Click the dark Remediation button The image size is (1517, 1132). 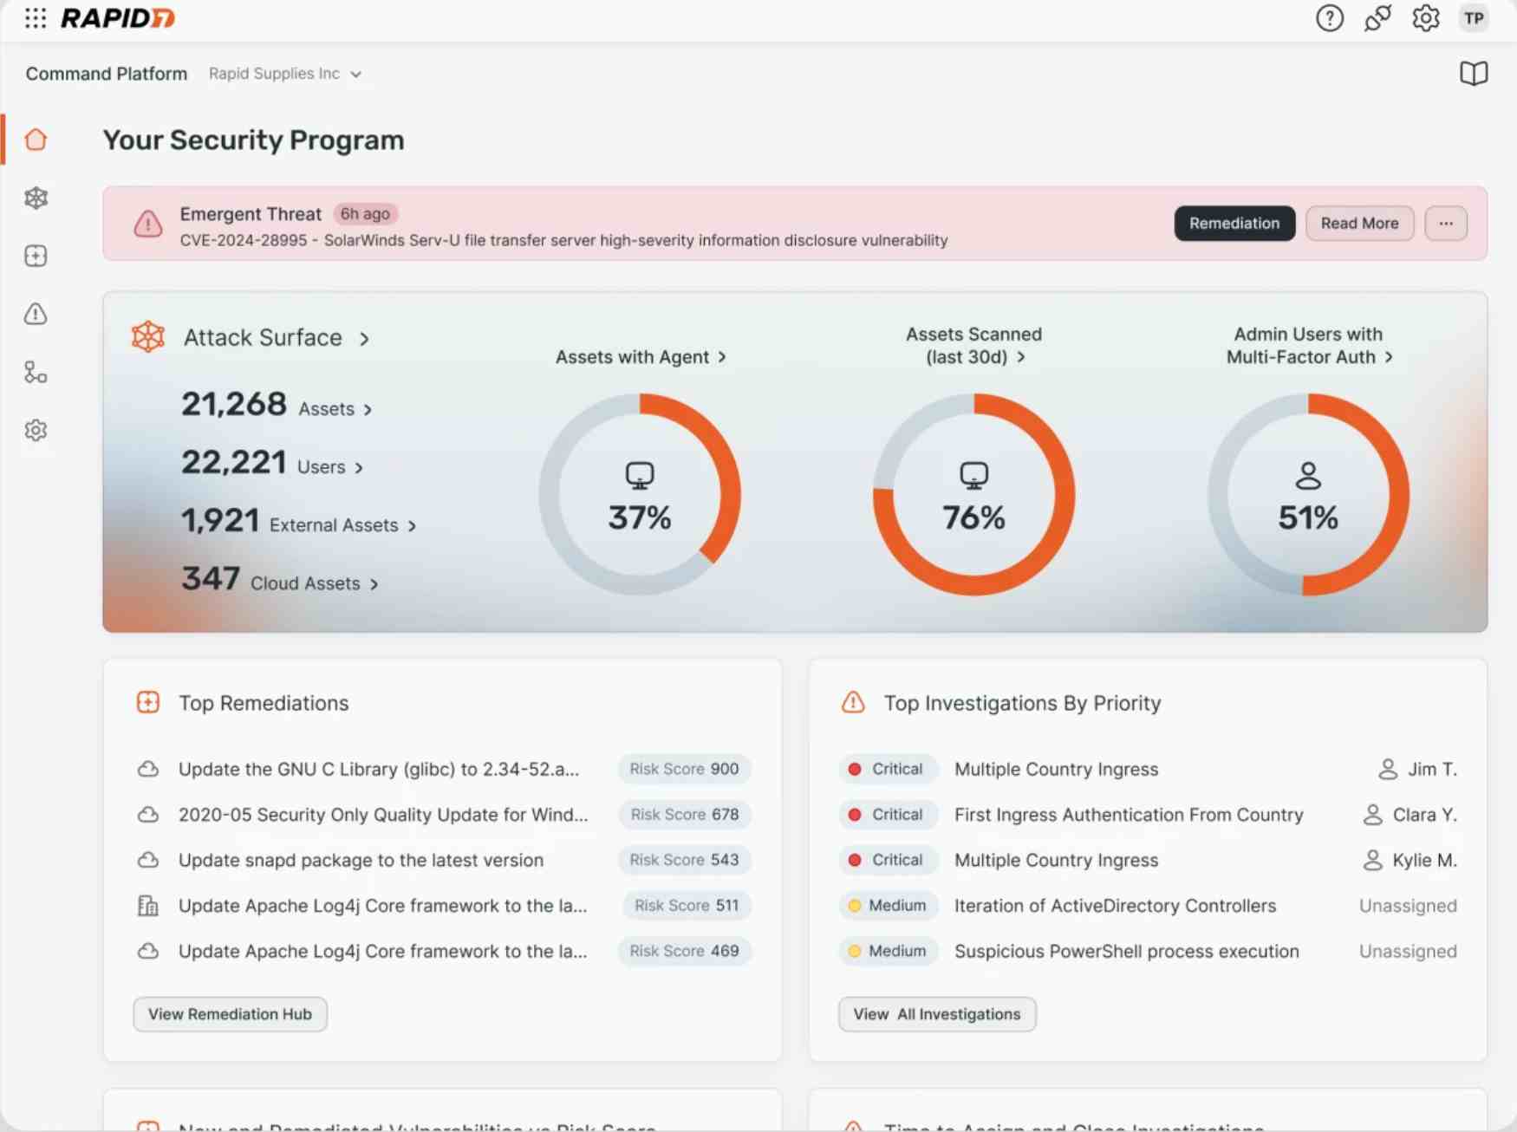click(x=1234, y=224)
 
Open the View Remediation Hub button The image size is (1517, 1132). click(x=230, y=1014)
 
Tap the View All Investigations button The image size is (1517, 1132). click(x=936, y=1014)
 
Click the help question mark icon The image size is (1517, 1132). click(x=1329, y=18)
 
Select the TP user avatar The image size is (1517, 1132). click(x=1474, y=18)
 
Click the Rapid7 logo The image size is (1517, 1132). click(x=118, y=18)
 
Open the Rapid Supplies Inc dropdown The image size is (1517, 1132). click(x=284, y=74)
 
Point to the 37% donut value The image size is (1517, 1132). click(x=640, y=517)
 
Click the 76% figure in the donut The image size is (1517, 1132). click(x=973, y=517)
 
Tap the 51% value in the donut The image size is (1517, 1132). click(x=1308, y=517)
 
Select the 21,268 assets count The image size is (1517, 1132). click(x=234, y=404)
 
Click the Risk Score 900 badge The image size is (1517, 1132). click(x=684, y=769)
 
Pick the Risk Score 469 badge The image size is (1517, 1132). click(x=684, y=951)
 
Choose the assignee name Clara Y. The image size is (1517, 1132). click(x=1423, y=815)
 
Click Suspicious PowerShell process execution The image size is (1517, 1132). click(x=1126, y=951)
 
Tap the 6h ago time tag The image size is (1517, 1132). click(x=365, y=214)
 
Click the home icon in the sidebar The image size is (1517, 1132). click(x=36, y=140)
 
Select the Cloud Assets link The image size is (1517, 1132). click(x=305, y=583)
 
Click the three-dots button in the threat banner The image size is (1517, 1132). click(x=1445, y=224)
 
